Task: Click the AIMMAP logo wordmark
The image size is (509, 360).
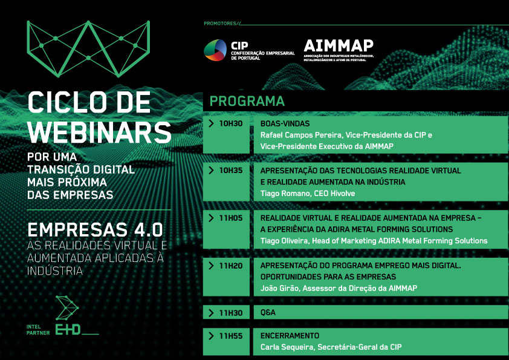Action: point(339,46)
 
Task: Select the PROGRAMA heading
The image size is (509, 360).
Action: point(247,101)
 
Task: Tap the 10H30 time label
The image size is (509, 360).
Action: point(230,123)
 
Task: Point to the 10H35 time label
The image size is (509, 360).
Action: point(230,171)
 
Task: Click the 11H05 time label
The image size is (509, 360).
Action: point(230,218)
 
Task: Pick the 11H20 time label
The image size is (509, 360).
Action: point(230,265)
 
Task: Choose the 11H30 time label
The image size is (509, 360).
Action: point(230,313)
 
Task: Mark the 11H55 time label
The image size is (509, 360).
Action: point(230,336)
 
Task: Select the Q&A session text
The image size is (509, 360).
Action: point(268,313)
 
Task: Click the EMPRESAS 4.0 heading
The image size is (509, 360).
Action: point(95,231)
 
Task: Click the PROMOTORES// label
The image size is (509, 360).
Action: point(222,24)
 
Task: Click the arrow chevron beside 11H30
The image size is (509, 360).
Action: point(211,313)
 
